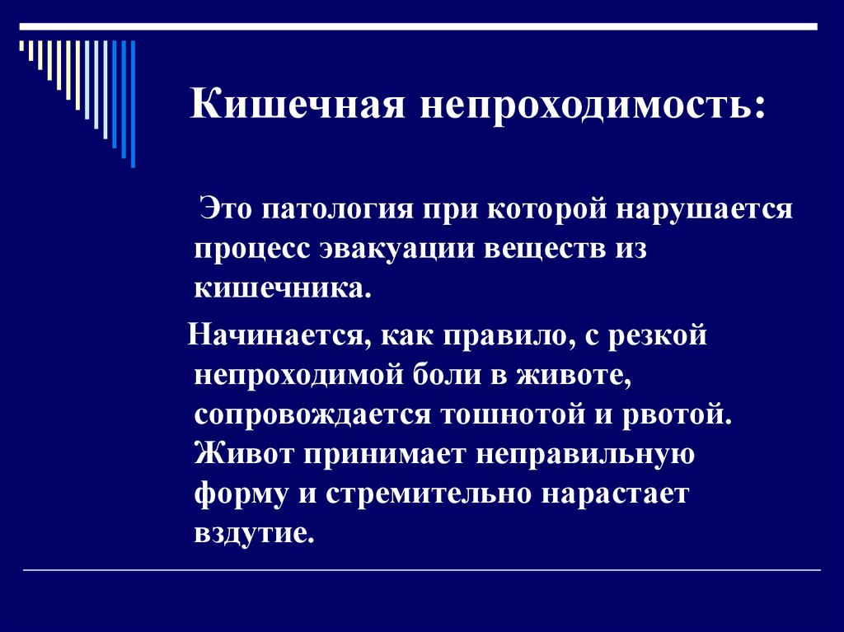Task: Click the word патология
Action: tap(338, 209)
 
